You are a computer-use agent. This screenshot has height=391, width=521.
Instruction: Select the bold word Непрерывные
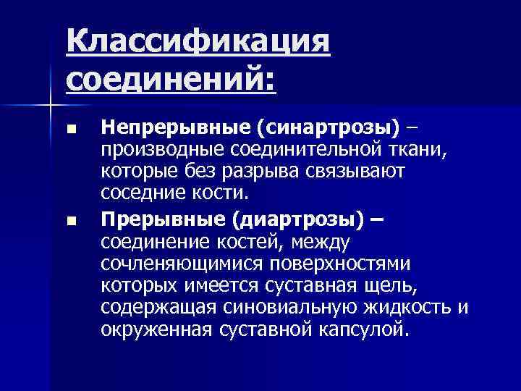tap(176, 128)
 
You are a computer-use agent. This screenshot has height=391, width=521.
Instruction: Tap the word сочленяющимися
tap(181, 264)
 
